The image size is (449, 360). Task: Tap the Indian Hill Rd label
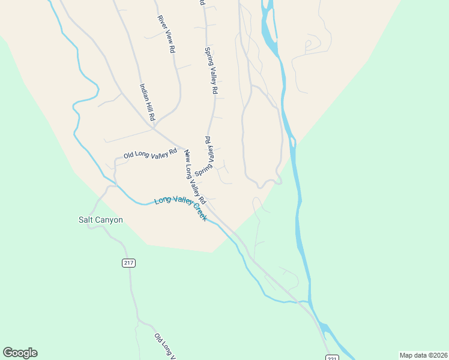click(148, 101)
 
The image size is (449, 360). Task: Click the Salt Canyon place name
click(101, 220)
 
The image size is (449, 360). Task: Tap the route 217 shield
click(128, 263)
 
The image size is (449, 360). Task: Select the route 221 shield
click(333, 358)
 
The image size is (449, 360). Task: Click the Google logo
click(20, 353)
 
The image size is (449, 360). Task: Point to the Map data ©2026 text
click(423, 355)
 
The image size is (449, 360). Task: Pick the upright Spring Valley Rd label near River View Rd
click(210, 70)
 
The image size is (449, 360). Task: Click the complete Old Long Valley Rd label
click(150, 153)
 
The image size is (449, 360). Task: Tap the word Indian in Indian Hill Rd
click(144, 91)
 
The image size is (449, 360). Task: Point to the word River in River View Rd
click(161, 21)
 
